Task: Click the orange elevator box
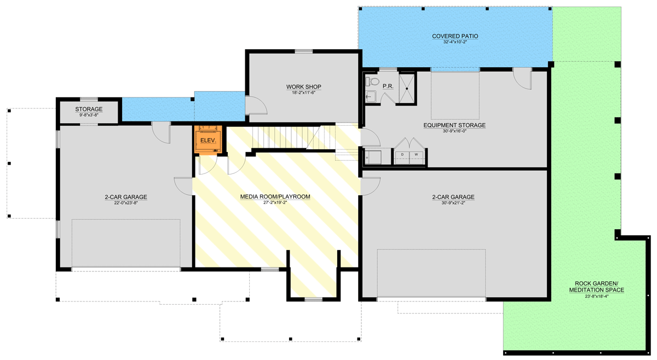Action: (208, 140)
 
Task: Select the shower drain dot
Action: (407, 88)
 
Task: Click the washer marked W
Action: (416, 155)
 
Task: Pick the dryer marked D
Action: (403, 155)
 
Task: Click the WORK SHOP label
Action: (303, 87)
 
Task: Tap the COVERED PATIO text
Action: (454, 36)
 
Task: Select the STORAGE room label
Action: (89, 109)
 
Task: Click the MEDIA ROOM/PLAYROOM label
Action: (275, 196)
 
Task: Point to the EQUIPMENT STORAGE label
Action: (454, 125)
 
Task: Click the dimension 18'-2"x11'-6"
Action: (303, 93)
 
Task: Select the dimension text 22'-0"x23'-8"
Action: (126, 203)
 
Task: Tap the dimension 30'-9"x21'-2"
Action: (453, 203)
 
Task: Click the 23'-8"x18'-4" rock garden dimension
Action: (596, 297)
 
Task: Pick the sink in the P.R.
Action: (369, 97)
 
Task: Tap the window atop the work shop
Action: (303, 51)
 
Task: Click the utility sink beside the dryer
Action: (375, 157)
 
